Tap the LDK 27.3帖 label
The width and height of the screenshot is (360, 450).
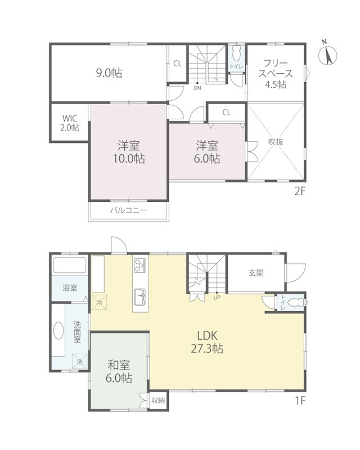[207, 342]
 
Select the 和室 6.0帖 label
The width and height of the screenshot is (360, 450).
[119, 372]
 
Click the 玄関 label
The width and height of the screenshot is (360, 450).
[256, 273]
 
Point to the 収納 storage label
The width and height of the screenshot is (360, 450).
[158, 400]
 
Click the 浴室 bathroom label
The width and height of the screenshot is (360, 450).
[70, 287]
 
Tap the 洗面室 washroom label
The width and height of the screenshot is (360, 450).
[77, 332]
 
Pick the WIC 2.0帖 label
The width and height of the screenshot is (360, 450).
[70, 123]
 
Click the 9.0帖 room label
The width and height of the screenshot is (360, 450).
[109, 73]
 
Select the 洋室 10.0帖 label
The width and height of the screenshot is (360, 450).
[129, 152]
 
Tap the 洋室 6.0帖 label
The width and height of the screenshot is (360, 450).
[207, 152]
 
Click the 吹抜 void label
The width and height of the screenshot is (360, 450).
[276, 142]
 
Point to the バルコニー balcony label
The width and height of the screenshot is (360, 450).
[129, 210]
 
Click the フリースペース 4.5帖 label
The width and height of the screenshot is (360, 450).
[275, 74]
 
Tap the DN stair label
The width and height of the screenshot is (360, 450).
[197, 88]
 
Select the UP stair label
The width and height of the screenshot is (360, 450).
[217, 298]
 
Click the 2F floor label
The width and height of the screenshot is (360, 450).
[299, 191]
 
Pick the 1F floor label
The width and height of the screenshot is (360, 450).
[300, 400]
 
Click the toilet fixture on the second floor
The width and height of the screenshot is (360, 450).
[237, 53]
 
